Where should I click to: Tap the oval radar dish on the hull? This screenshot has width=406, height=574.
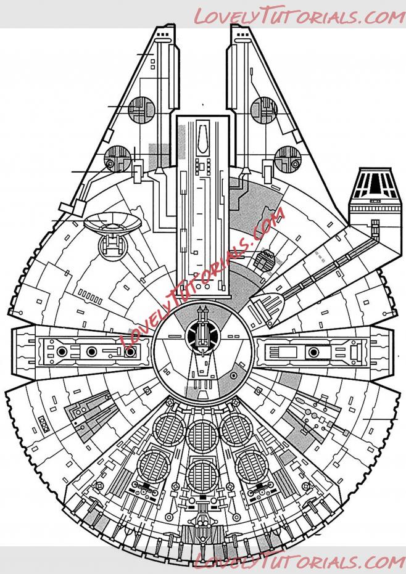pos(112,220)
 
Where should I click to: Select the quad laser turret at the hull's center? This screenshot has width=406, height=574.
pos(201,334)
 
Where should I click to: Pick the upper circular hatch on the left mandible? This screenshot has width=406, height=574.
pos(141,110)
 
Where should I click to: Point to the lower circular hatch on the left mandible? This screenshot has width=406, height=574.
pos(117,159)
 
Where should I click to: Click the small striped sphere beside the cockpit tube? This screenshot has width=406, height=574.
pos(265,260)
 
